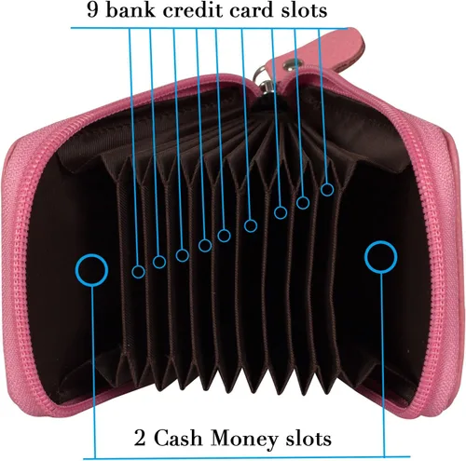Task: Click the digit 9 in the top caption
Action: pos(93,9)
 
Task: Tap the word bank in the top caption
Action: pos(130,9)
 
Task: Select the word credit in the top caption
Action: pos(192,9)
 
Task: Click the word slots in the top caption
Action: pos(305,9)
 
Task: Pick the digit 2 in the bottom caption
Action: pos(140,438)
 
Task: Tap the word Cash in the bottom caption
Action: pos(178,438)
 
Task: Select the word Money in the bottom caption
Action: pos(243,439)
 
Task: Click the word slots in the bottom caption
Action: pos(308,438)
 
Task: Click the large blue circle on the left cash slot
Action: pos(75,270)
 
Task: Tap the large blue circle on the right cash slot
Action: pos(365,257)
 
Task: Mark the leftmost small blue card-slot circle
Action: pos(132,272)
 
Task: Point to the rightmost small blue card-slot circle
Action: pos(322,189)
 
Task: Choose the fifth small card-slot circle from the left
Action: pos(218,236)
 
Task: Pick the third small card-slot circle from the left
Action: pos(176,255)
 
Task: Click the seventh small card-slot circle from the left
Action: pos(275,212)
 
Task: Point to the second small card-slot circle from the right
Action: pos(296,203)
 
